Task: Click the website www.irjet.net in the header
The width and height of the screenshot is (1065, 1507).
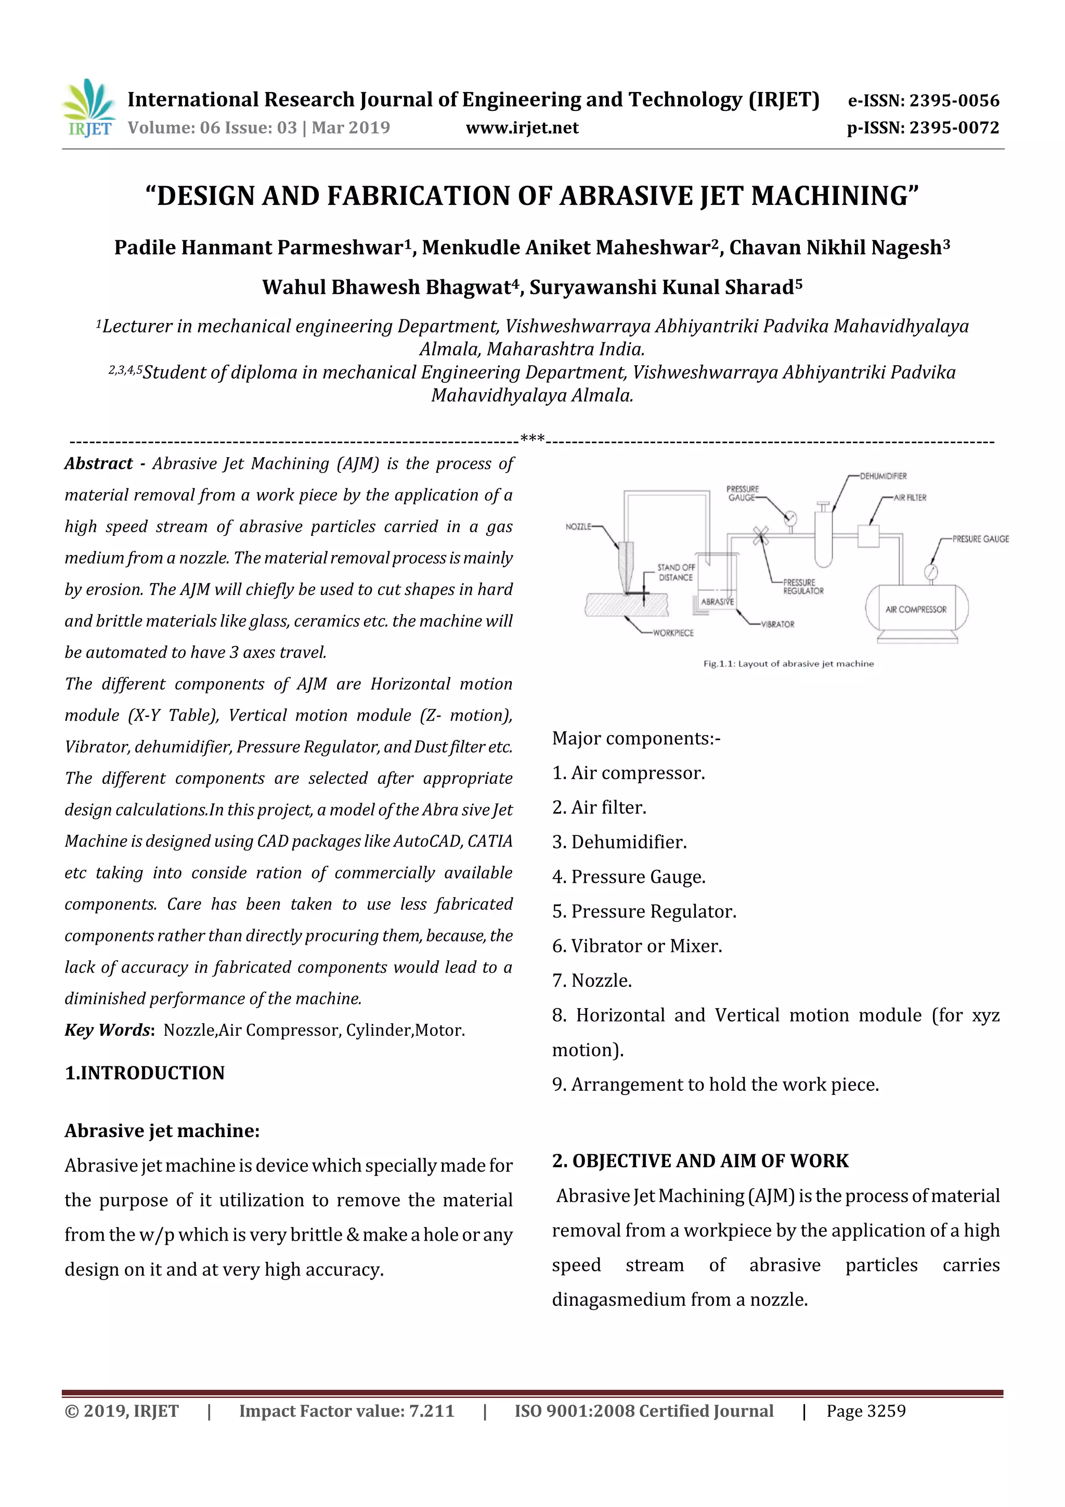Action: [522, 128]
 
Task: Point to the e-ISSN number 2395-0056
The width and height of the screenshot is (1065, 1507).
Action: [954, 100]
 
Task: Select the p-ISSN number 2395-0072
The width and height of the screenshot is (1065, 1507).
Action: [954, 128]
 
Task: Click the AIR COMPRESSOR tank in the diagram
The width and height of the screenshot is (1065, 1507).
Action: [916, 609]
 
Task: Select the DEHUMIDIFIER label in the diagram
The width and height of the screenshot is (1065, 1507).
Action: [882, 476]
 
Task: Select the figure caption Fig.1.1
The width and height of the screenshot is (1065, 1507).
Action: [788, 664]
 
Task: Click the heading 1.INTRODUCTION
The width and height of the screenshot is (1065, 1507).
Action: [145, 1073]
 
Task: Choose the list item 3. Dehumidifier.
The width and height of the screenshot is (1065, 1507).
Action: [619, 842]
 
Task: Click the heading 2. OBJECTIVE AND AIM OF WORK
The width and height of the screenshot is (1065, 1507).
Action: [699, 1161]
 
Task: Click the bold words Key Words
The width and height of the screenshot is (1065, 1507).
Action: [108, 1030]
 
